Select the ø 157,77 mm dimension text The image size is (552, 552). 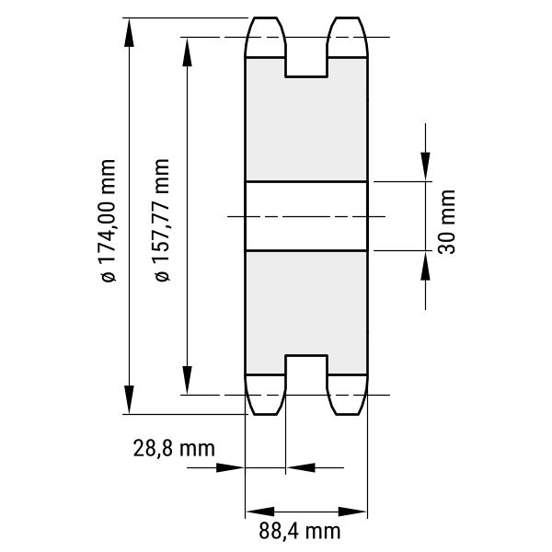coord(162,220)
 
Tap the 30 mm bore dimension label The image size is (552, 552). coord(447,222)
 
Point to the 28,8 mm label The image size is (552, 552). coord(174,449)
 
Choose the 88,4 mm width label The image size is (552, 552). coord(300,531)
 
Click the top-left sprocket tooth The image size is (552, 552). coord(265,37)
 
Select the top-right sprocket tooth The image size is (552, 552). coord(348,37)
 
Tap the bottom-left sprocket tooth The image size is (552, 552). coord(265,395)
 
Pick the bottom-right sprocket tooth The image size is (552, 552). coord(348,395)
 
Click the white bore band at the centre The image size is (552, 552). coord(306,216)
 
